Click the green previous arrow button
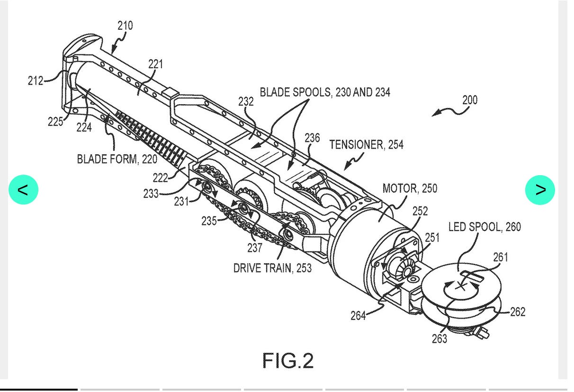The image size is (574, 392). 23,189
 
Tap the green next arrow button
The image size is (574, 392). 540,190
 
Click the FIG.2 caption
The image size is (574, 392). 288,361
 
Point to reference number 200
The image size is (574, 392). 470,100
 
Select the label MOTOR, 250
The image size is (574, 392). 410,188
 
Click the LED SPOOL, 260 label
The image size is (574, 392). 484,227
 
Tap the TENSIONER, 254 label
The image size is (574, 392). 366,144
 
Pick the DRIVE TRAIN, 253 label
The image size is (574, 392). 272,268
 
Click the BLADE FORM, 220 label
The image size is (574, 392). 117,159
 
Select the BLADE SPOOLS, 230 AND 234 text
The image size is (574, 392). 325,92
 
